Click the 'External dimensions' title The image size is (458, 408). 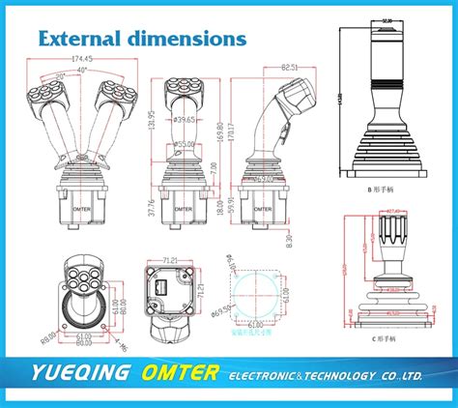click(x=141, y=40)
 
